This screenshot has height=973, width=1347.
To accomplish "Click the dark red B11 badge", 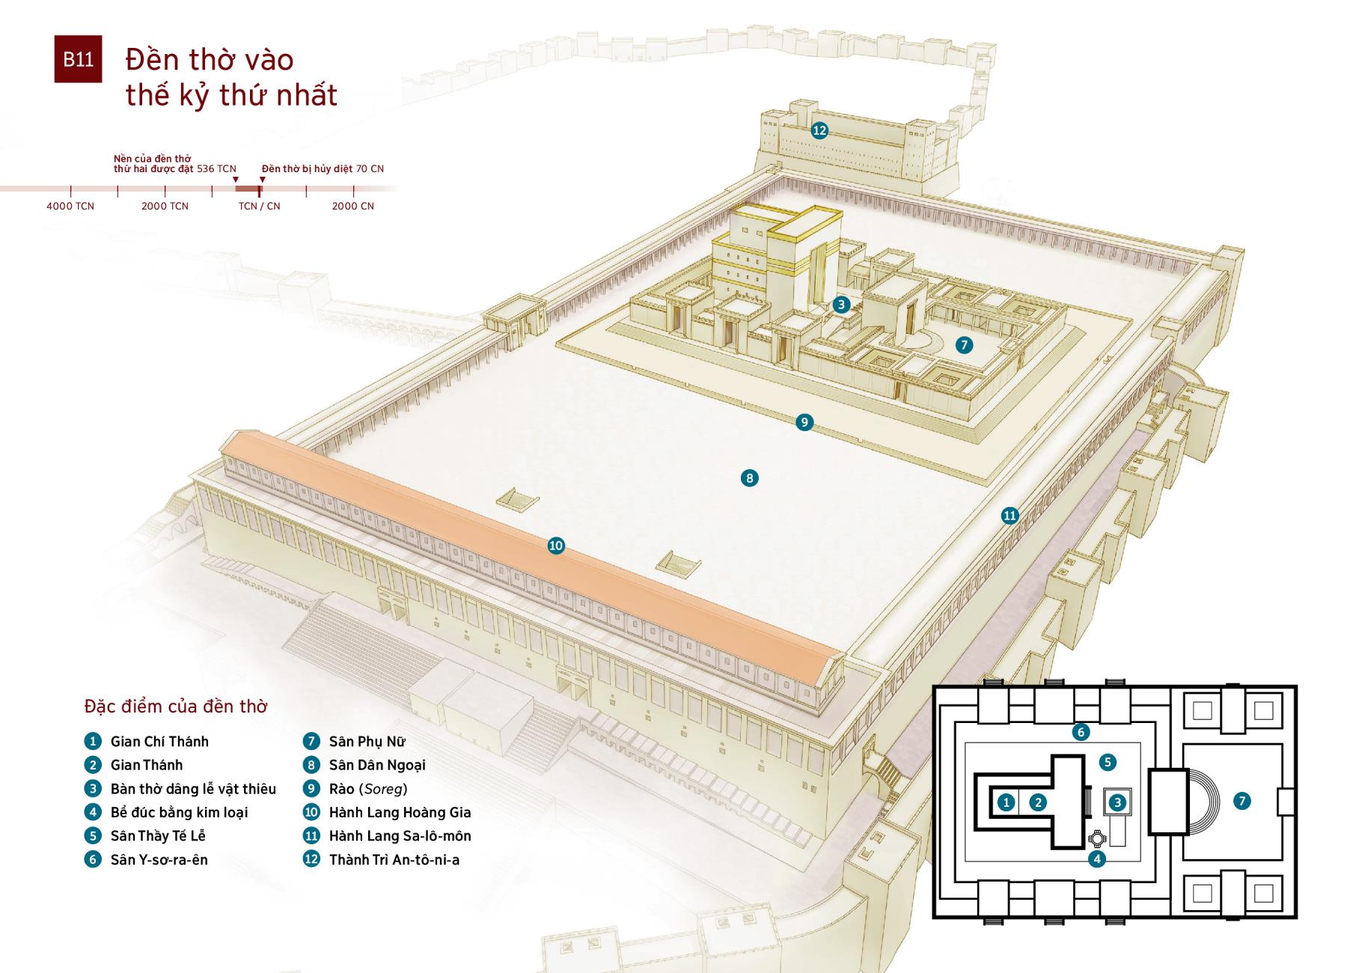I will click(78, 59).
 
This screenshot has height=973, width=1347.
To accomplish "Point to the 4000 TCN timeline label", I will click(70, 206).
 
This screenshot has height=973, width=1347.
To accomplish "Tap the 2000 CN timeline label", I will click(352, 206).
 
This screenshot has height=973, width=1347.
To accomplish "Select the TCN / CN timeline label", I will click(259, 206).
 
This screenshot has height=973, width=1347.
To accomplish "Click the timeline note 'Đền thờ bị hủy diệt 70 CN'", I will click(323, 168).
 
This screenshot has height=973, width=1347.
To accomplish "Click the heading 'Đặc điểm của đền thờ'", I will click(176, 707).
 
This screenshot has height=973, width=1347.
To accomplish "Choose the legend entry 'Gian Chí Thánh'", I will click(159, 742).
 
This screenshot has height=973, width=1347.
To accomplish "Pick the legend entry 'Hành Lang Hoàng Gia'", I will click(400, 812).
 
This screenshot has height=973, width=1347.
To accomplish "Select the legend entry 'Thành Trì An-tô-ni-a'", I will click(394, 860).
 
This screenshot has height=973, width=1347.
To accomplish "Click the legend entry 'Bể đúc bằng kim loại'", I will click(179, 812).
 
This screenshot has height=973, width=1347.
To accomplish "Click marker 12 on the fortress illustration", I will click(819, 130).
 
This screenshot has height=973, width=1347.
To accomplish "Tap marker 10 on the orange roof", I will click(555, 546).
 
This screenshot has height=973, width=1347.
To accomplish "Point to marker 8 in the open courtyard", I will click(749, 478).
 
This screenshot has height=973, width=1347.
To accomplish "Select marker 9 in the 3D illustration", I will click(804, 422).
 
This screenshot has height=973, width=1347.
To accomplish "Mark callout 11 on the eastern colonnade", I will click(1010, 515).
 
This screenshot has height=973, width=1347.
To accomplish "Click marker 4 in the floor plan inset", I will click(1097, 858).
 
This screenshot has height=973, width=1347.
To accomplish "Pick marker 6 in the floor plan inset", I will click(1080, 732).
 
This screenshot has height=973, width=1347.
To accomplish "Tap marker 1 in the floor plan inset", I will click(1007, 802).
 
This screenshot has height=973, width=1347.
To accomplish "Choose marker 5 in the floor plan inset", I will click(1108, 762).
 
